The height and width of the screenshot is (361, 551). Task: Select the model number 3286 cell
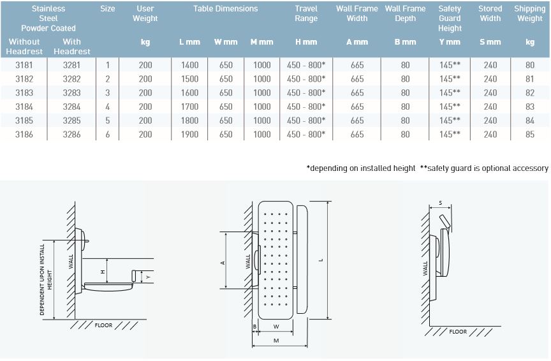pyautogui.click(x=72, y=135)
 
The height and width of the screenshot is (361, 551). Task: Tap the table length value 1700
pyautogui.click(x=189, y=107)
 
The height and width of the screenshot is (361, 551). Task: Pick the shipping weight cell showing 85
pyautogui.click(x=529, y=135)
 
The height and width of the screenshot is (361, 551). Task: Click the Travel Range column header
pyautogui.click(x=306, y=13)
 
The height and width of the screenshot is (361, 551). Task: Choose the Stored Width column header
pyautogui.click(x=490, y=13)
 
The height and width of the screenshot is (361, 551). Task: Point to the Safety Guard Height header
pyautogui.click(x=450, y=18)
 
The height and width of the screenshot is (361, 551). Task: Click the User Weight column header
pyautogui.click(x=145, y=13)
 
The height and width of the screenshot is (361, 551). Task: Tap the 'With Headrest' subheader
pyautogui.click(x=72, y=47)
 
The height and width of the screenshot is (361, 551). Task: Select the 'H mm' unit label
pyautogui.click(x=306, y=42)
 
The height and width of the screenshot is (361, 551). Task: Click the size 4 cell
pyautogui.click(x=108, y=107)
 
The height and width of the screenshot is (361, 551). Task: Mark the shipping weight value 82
pyautogui.click(x=529, y=92)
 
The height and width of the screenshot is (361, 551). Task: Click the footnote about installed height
pyautogui.click(x=361, y=168)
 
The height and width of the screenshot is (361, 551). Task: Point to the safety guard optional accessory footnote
pyautogui.click(x=484, y=168)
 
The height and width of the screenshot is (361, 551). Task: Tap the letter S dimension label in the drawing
pyautogui.click(x=440, y=203)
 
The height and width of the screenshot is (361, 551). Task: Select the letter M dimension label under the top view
pyautogui.click(x=275, y=341)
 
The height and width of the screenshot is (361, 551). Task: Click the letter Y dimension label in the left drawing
pyautogui.click(x=148, y=277)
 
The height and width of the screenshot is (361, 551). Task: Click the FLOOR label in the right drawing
pyautogui.click(x=458, y=332)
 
